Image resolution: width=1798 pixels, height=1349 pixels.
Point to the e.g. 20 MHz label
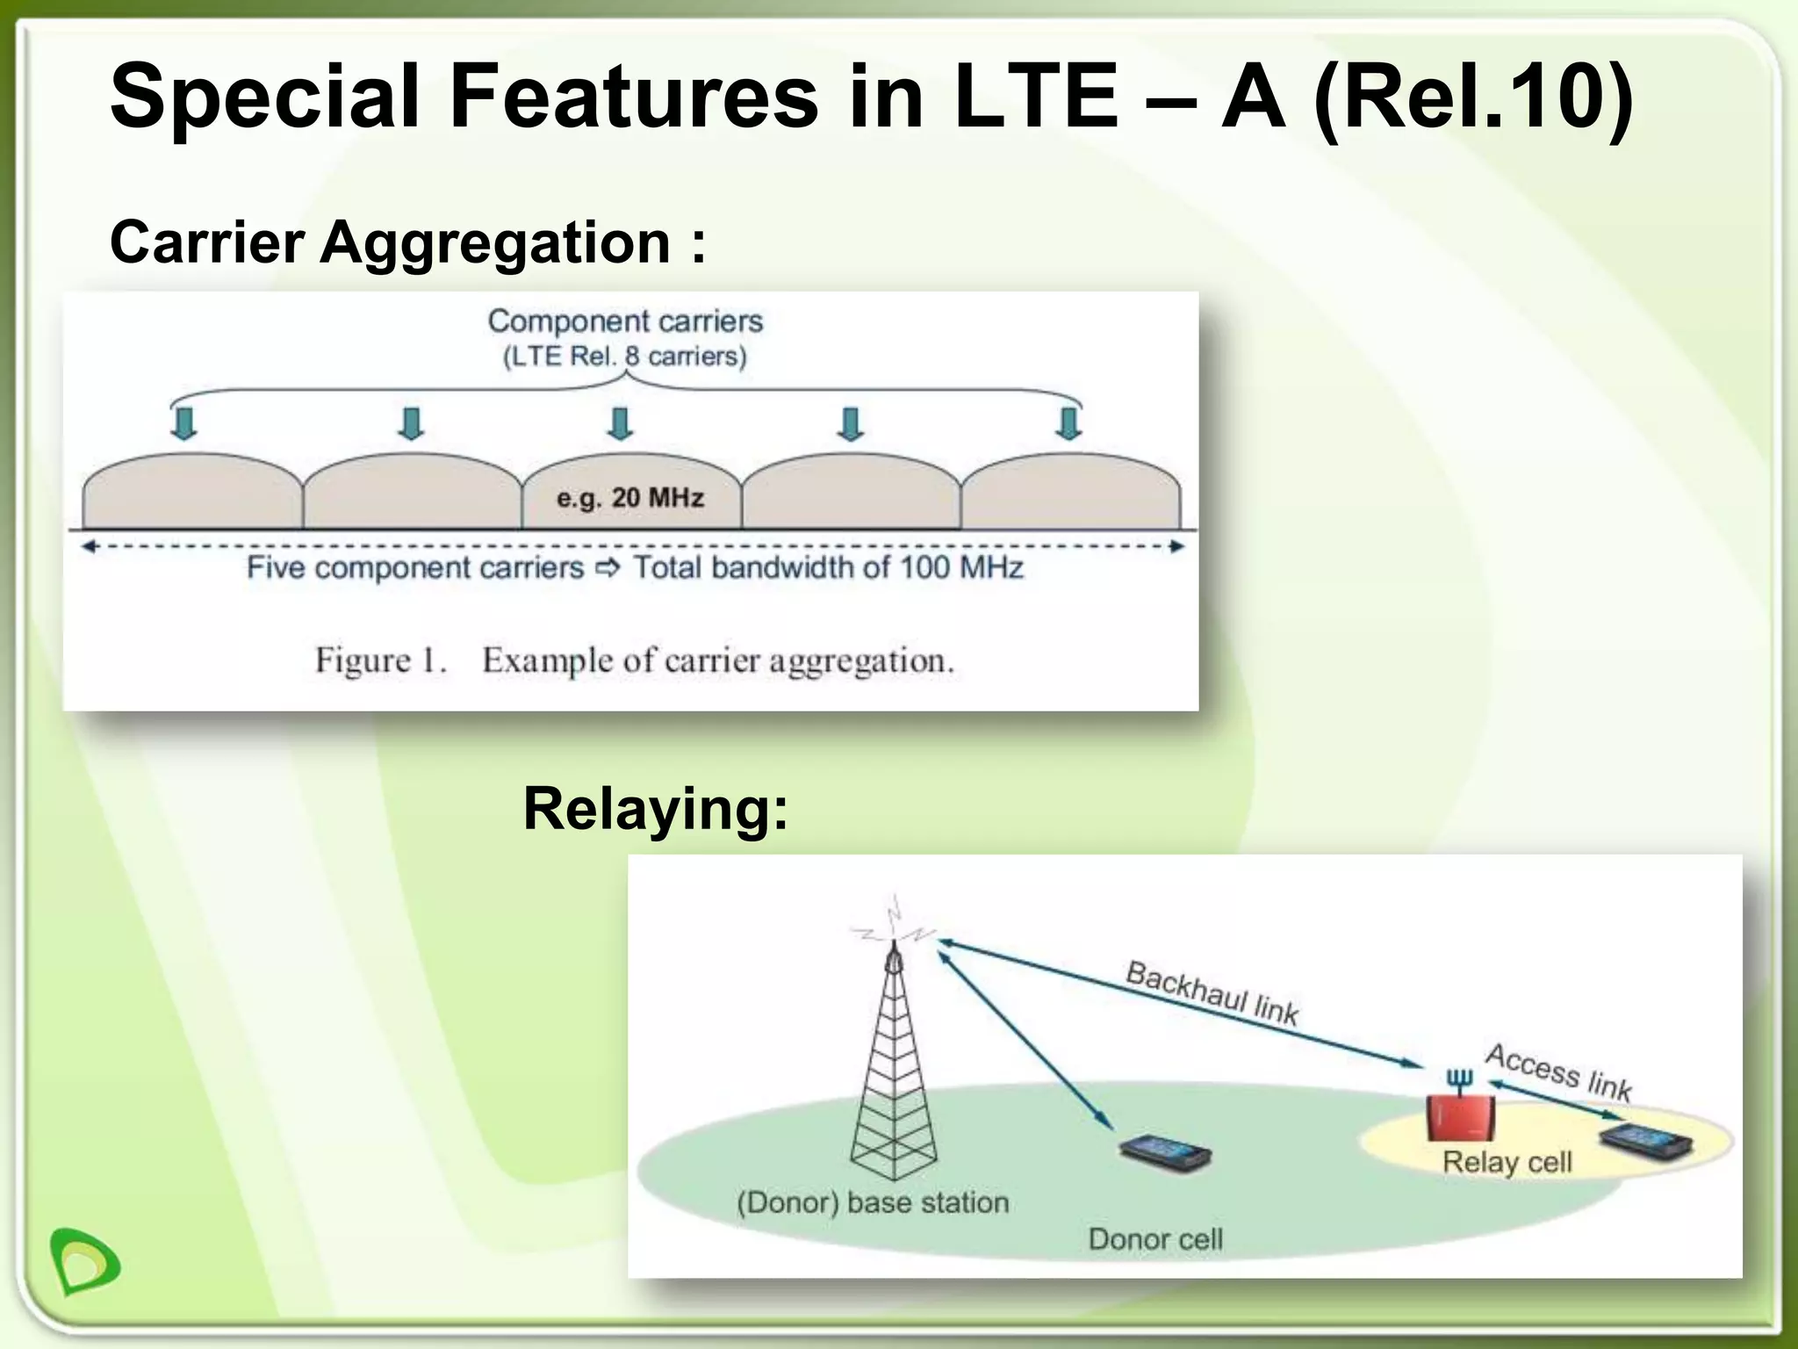629,498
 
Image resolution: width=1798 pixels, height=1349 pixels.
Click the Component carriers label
625,321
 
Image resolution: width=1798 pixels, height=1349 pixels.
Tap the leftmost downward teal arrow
183,422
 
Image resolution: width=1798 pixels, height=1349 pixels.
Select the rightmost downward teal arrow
1068,422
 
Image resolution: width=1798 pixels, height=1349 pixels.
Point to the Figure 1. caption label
381,660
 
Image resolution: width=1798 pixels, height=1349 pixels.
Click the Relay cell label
1507,1162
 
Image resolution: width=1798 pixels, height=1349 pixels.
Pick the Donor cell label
1154,1239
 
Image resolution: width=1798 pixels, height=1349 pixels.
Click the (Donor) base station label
873,1202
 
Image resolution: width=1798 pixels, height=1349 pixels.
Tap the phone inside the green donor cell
1165,1152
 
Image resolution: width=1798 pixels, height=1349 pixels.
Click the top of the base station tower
894,953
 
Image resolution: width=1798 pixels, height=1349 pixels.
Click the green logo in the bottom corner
85,1261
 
